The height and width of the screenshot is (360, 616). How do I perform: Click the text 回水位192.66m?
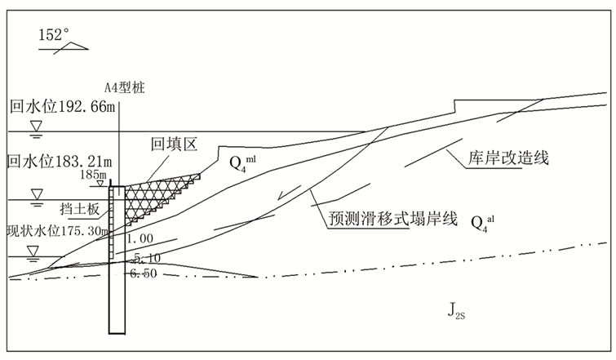pos(61,106)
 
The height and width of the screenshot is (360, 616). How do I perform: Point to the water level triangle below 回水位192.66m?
pos(36,126)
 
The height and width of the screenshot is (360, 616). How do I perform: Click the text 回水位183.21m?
pos(59,160)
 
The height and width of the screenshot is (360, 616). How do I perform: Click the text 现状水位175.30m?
pos(57,231)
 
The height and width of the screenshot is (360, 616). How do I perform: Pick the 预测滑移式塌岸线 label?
pos(380,219)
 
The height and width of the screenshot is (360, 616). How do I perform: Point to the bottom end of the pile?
pos(117,331)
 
